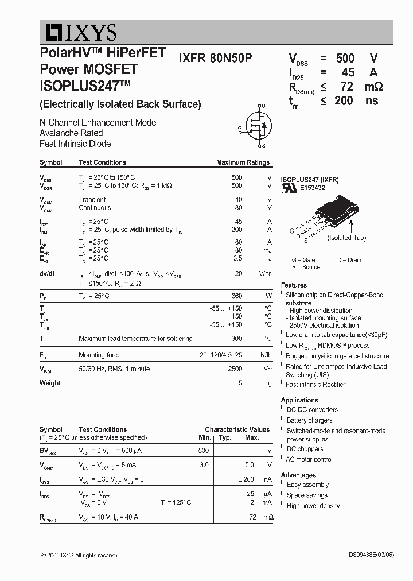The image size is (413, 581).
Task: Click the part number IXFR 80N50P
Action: pyautogui.click(x=215, y=58)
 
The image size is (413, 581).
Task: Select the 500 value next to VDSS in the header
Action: pyautogui.click(x=345, y=58)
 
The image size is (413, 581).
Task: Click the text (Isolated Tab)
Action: pyautogui.click(x=346, y=238)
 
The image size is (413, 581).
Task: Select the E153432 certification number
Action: pyautogui.click(x=312, y=188)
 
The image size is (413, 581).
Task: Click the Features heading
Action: pyautogui.click(x=294, y=285)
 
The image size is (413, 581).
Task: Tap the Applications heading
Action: pyautogui.click(x=299, y=400)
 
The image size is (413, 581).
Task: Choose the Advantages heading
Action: pyautogui.click(x=298, y=475)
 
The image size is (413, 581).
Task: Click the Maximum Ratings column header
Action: pyautogui.click(x=243, y=162)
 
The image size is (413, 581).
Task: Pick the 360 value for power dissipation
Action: pyautogui.click(x=236, y=296)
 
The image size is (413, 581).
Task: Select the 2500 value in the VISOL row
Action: pyautogui.click(x=235, y=369)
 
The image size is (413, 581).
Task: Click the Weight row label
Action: pyautogui.click(x=50, y=383)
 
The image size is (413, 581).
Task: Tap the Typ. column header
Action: pyautogui.click(x=225, y=437)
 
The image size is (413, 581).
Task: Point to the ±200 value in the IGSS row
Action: pyautogui.click(x=246, y=479)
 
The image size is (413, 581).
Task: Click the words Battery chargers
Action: pyautogui.click(x=309, y=420)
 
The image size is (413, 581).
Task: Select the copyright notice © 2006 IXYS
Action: pyautogui.click(x=80, y=555)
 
